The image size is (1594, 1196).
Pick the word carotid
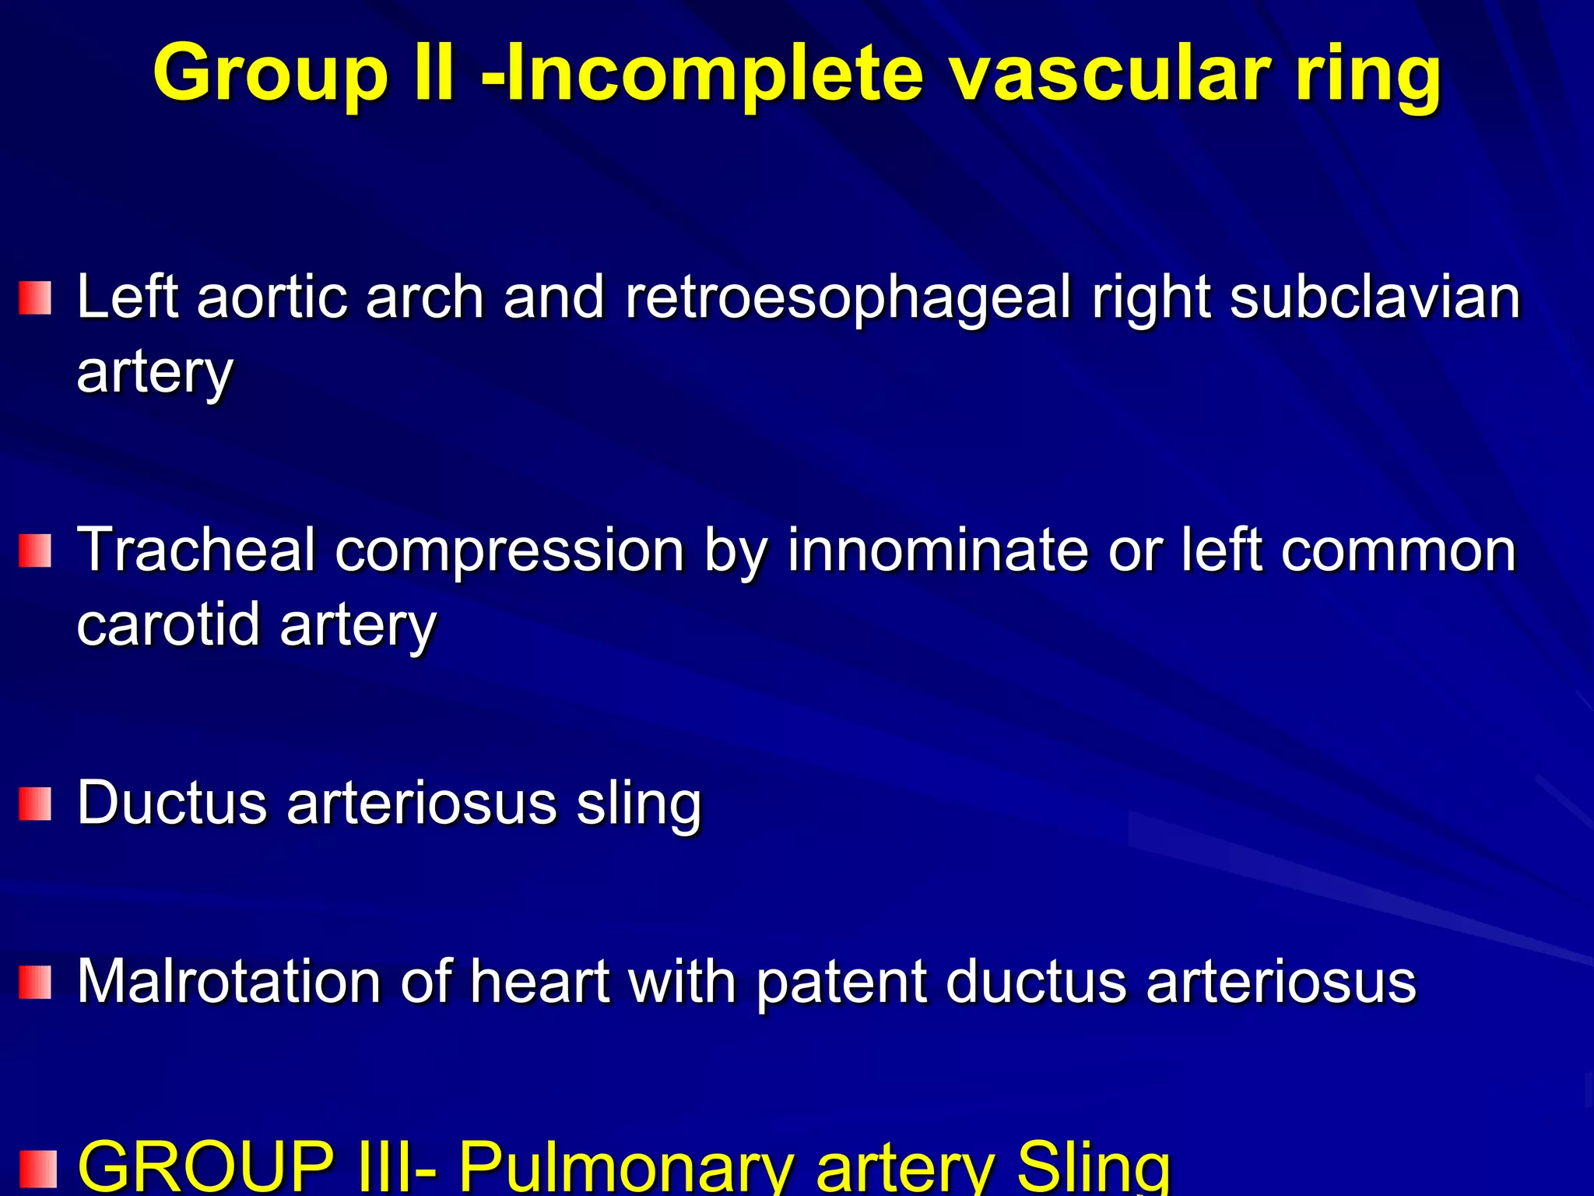tap(168, 624)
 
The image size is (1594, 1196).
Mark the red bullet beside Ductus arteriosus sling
tap(35, 804)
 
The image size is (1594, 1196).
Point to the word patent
tap(841, 980)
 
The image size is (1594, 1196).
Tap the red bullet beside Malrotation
tap(35, 982)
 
